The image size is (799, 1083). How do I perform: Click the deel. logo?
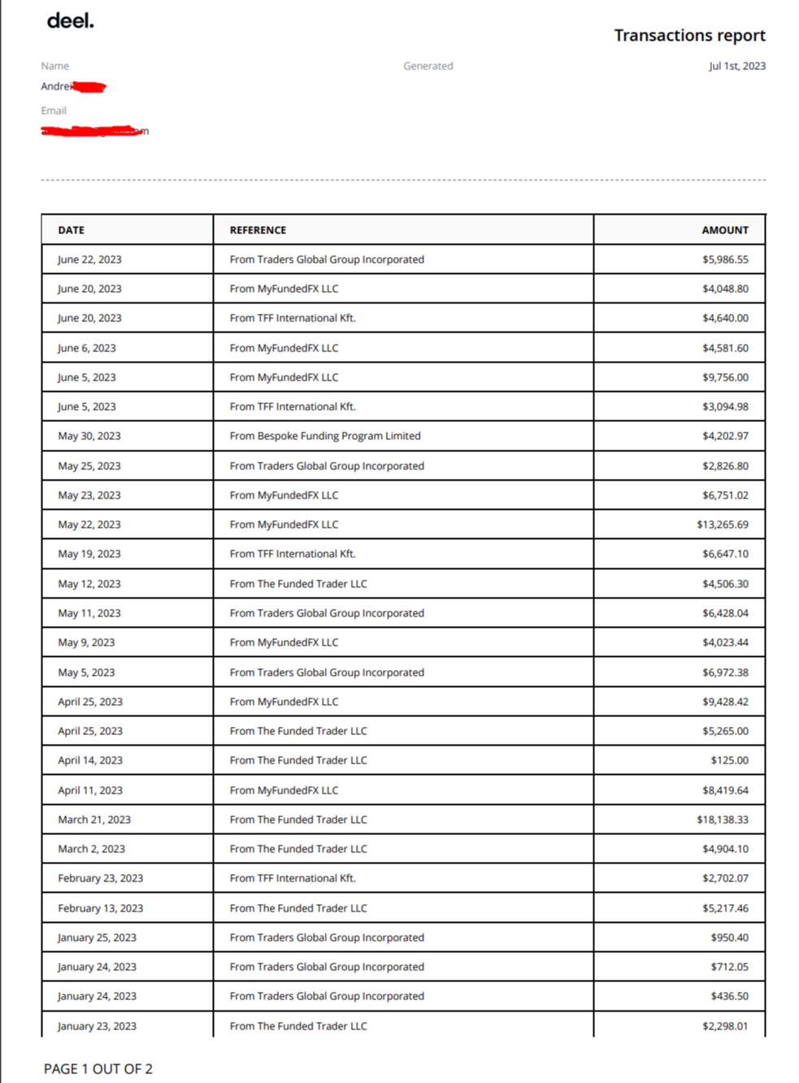[x=71, y=21]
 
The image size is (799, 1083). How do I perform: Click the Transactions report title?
[x=689, y=36]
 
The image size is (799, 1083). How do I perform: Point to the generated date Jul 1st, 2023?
[x=736, y=67]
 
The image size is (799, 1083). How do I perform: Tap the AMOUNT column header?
[x=725, y=230]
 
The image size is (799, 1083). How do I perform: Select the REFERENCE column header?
[x=258, y=230]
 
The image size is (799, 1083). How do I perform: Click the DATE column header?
[x=72, y=230]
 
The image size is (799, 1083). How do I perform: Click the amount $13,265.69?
[x=722, y=524]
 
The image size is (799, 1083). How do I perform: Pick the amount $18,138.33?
[x=722, y=820]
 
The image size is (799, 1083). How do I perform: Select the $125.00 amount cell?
[x=729, y=760]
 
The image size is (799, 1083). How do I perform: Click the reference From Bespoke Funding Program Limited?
[x=325, y=436]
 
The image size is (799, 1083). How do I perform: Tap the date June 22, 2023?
[x=89, y=259]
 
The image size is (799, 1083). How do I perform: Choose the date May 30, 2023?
[x=89, y=436]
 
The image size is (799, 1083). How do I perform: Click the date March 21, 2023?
[x=94, y=820]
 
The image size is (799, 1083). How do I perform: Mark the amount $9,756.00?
[x=725, y=377]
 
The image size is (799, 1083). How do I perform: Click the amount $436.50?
[x=729, y=996]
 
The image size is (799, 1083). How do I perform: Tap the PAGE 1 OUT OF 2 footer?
[x=98, y=1069]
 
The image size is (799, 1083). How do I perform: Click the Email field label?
[x=54, y=111]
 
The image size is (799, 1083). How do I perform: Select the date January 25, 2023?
[x=97, y=937]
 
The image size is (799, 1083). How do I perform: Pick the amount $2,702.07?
[x=725, y=878]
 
